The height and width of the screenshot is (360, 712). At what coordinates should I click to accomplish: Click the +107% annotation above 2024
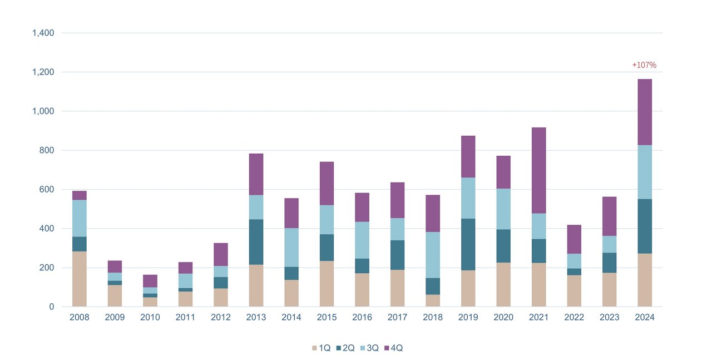(x=644, y=65)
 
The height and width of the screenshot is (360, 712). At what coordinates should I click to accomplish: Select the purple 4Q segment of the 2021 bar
(x=538, y=170)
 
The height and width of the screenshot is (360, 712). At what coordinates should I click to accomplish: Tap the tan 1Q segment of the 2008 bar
(x=80, y=279)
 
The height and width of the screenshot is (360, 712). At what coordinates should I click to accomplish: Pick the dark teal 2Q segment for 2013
(x=256, y=242)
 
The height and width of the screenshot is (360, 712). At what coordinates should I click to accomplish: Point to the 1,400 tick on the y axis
(x=43, y=33)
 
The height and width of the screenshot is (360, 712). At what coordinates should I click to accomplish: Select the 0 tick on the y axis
(x=52, y=307)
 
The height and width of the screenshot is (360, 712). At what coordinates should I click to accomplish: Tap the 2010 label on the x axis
(x=150, y=318)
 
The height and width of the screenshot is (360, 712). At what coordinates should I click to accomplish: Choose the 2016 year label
(x=362, y=318)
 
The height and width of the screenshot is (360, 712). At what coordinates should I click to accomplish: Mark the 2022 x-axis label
(x=573, y=318)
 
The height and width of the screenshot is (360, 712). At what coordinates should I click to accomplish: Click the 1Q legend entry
(x=321, y=348)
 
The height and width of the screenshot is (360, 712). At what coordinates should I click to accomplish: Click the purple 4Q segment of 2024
(x=644, y=112)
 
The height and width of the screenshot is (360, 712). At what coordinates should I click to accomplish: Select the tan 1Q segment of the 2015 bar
(x=327, y=284)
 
